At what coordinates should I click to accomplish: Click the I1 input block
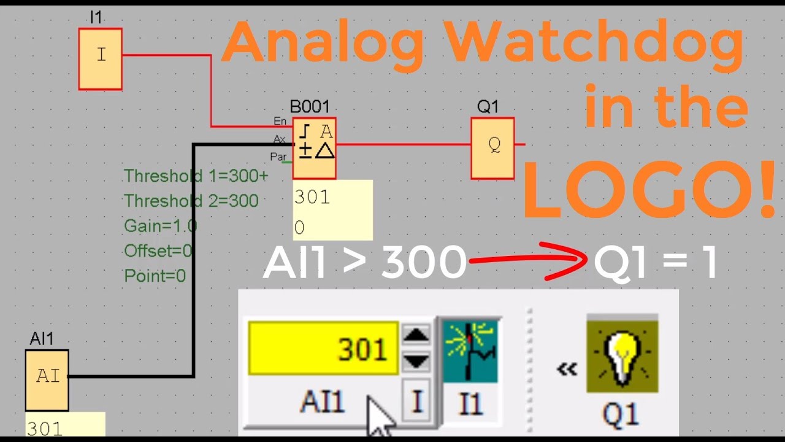point(101,59)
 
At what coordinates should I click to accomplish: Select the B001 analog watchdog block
point(314,148)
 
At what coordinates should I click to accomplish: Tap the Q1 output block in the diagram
point(492,148)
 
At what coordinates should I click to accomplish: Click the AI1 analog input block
point(47,380)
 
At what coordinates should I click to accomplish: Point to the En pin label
point(280,122)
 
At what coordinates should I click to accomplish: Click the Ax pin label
point(280,139)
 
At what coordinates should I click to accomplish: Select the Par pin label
point(278,157)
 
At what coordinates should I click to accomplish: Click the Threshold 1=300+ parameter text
point(196,176)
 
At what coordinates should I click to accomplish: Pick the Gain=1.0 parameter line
point(161,226)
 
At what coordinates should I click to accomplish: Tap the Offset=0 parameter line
point(158,251)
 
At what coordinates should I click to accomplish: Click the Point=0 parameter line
point(155,276)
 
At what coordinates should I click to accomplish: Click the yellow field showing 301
point(323,349)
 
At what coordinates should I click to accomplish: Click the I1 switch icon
point(470,349)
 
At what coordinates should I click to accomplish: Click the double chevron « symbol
point(567,369)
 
